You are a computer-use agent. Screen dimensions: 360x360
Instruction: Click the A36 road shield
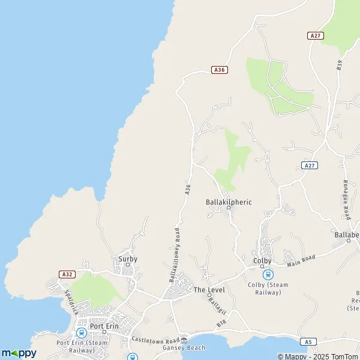pyautogui.click(x=220, y=70)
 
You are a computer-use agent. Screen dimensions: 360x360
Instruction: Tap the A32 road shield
pyautogui.click(x=67, y=274)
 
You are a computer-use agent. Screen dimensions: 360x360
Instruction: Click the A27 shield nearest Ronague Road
pyautogui.click(x=309, y=165)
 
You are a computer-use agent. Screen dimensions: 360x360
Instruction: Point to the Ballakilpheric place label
pyautogui.click(x=229, y=202)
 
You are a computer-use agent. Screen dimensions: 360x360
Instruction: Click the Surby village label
pyautogui.click(x=127, y=259)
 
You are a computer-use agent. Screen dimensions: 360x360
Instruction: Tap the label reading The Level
pyautogui.click(x=209, y=290)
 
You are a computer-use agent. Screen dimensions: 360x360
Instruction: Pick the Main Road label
pyautogui.click(x=301, y=259)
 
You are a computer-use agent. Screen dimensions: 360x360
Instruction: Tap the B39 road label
pyautogui.click(x=339, y=65)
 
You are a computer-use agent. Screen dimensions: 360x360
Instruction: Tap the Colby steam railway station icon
pyautogui.click(x=268, y=274)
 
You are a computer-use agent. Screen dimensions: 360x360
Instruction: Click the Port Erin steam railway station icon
pyautogui.click(x=80, y=333)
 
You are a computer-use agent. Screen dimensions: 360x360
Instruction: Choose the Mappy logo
pyautogui.click(x=19, y=353)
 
